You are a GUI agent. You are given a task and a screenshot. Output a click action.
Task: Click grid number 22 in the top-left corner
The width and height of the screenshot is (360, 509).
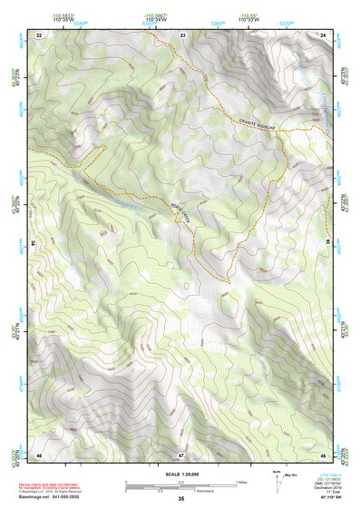pos(39,34)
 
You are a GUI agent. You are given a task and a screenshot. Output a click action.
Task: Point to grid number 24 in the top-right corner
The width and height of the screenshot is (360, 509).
pos(323,34)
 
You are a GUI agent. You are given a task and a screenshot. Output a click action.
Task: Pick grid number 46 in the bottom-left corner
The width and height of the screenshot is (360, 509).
pos(39,454)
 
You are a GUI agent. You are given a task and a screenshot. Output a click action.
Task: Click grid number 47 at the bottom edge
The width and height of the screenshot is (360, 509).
pos(181,454)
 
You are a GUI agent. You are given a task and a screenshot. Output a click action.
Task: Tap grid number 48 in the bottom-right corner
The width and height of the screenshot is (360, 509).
pos(323,454)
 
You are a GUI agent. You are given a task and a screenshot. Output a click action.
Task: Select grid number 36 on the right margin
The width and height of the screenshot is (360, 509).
pos(326,243)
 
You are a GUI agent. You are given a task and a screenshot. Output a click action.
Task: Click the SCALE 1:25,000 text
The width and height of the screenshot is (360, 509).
pos(181,475)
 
